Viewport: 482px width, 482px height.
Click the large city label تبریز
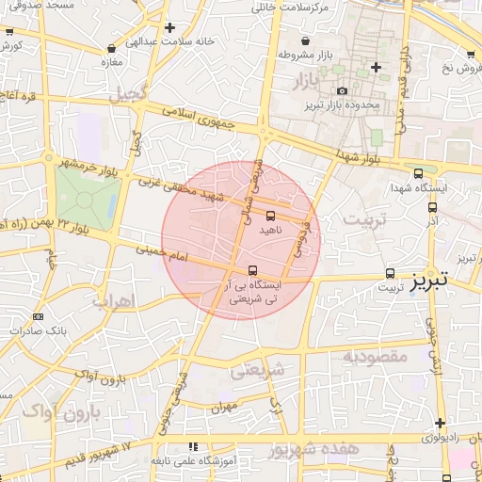click(x=445, y=279)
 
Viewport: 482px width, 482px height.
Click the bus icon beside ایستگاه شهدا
click(x=418, y=173)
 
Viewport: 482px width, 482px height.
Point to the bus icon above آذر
click(x=432, y=207)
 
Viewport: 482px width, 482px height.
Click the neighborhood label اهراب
click(x=115, y=301)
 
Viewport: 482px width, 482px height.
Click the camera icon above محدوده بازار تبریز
click(x=341, y=90)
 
